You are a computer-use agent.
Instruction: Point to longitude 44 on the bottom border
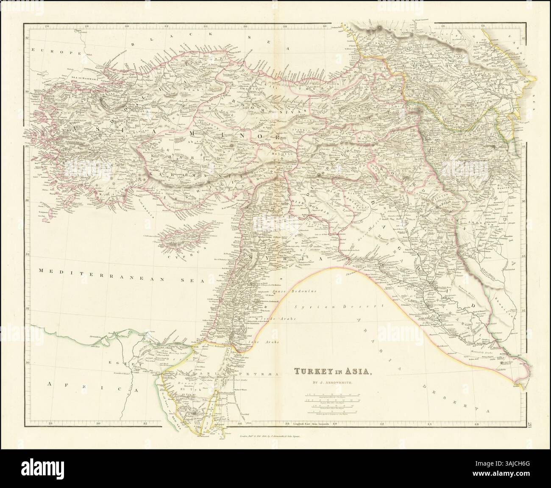click(x=429, y=423)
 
